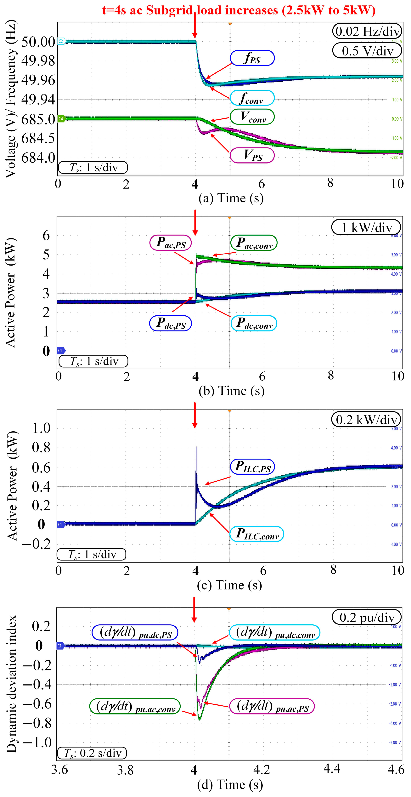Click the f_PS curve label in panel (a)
[x=252, y=58]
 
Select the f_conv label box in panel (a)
[x=252, y=98]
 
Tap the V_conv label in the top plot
[x=252, y=117]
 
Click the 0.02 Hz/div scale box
[x=367, y=31]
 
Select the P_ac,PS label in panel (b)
[x=170, y=242]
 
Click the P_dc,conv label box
[x=254, y=323]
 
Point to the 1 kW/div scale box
[x=366, y=227]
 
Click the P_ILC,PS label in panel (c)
[x=253, y=467]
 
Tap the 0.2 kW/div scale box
[x=366, y=420]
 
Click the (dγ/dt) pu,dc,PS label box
[x=135, y=632]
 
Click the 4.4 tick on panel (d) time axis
[x=332, y=769]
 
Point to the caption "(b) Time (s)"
[x=231, y=391]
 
